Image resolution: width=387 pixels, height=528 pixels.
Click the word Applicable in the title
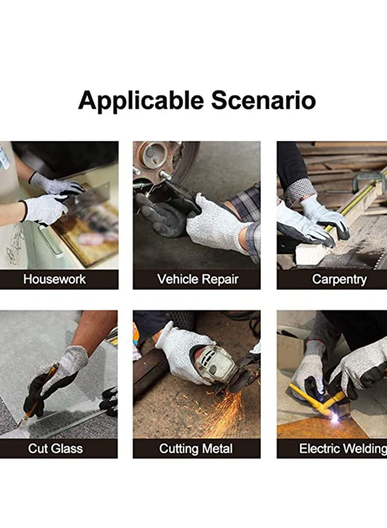click(141, 101)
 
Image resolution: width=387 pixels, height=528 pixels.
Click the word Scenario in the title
click(263, 101)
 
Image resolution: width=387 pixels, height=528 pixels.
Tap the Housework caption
click(55, 279)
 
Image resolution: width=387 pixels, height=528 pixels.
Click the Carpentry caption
click(339, 279)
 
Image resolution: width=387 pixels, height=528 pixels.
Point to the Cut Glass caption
click(55, 448)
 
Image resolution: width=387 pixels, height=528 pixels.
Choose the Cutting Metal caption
click(196, 448)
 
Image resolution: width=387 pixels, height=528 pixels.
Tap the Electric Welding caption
click(342, 448)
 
